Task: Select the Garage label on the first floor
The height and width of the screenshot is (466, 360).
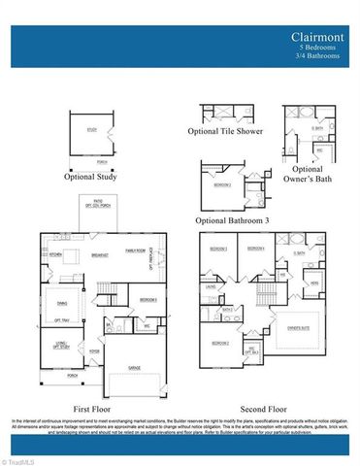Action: [x=137, y=368]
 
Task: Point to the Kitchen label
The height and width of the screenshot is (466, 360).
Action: [x=55, y=255]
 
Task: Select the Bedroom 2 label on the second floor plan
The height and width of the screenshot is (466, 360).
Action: [x=219, y=343]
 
